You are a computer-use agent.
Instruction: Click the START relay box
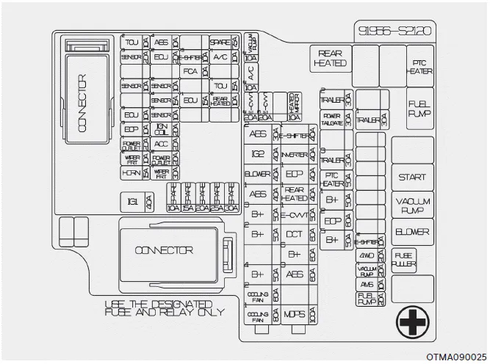point(412,177)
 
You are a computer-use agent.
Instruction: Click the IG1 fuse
point(133,201)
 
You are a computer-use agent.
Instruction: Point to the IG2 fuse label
point(257,154)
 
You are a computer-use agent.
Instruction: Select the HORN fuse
point(131,173)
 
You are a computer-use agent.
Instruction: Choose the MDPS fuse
point(293,315)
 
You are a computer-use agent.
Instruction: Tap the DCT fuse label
point(293,234)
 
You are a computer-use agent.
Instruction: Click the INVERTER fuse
point(293,154)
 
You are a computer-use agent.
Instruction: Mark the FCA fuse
point(190,71)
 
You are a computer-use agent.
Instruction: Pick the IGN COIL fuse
point(161,129)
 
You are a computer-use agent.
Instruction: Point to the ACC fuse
point(161,144)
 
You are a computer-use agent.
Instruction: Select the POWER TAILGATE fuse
point(332,118)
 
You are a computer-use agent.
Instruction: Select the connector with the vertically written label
point(80,103)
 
